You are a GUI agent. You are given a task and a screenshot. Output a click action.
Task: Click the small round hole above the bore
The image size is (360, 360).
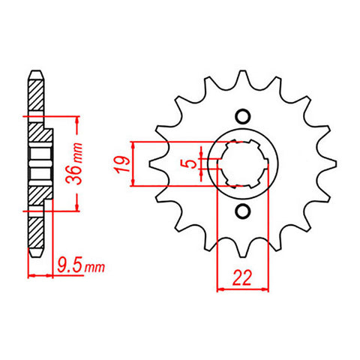click(x=241, y=116)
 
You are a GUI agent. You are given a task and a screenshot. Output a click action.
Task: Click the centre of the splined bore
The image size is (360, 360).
click(x=241, y=163)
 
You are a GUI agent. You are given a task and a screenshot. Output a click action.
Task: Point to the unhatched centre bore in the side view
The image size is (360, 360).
click(x=37, y=163)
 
